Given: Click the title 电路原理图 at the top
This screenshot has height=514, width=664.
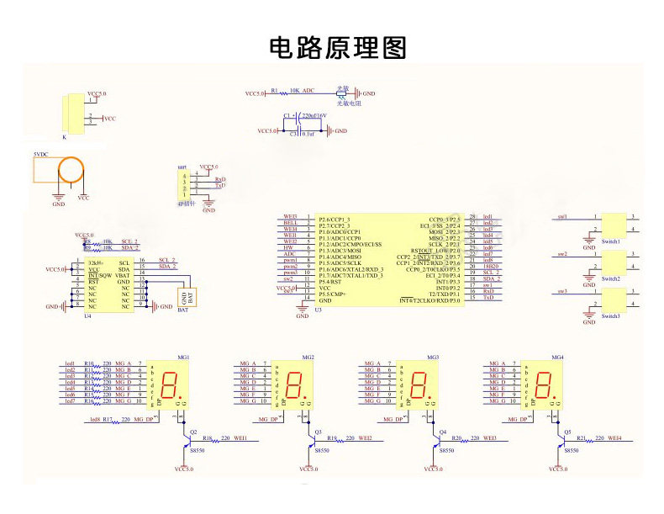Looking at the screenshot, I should pyautogui.click(x=337, y=48).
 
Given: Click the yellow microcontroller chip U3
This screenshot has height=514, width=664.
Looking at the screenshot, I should pyautogui.click(x=388, y=259).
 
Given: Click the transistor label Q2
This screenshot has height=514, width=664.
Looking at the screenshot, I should pyautogui.click(x=193, y=432).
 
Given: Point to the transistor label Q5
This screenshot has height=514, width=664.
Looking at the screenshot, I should pyautogui.click(x=568, y=432).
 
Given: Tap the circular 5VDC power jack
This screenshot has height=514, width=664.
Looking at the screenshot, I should pyautogui.click(x=70, y=171).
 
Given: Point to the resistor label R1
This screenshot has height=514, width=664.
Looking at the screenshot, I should pyautogui.click(x=274, y=90).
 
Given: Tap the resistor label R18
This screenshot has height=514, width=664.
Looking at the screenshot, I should pyautogui.click(x=207, y=438).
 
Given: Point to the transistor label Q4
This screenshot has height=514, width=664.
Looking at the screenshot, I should pyautogui.click(x=443, y=432).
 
